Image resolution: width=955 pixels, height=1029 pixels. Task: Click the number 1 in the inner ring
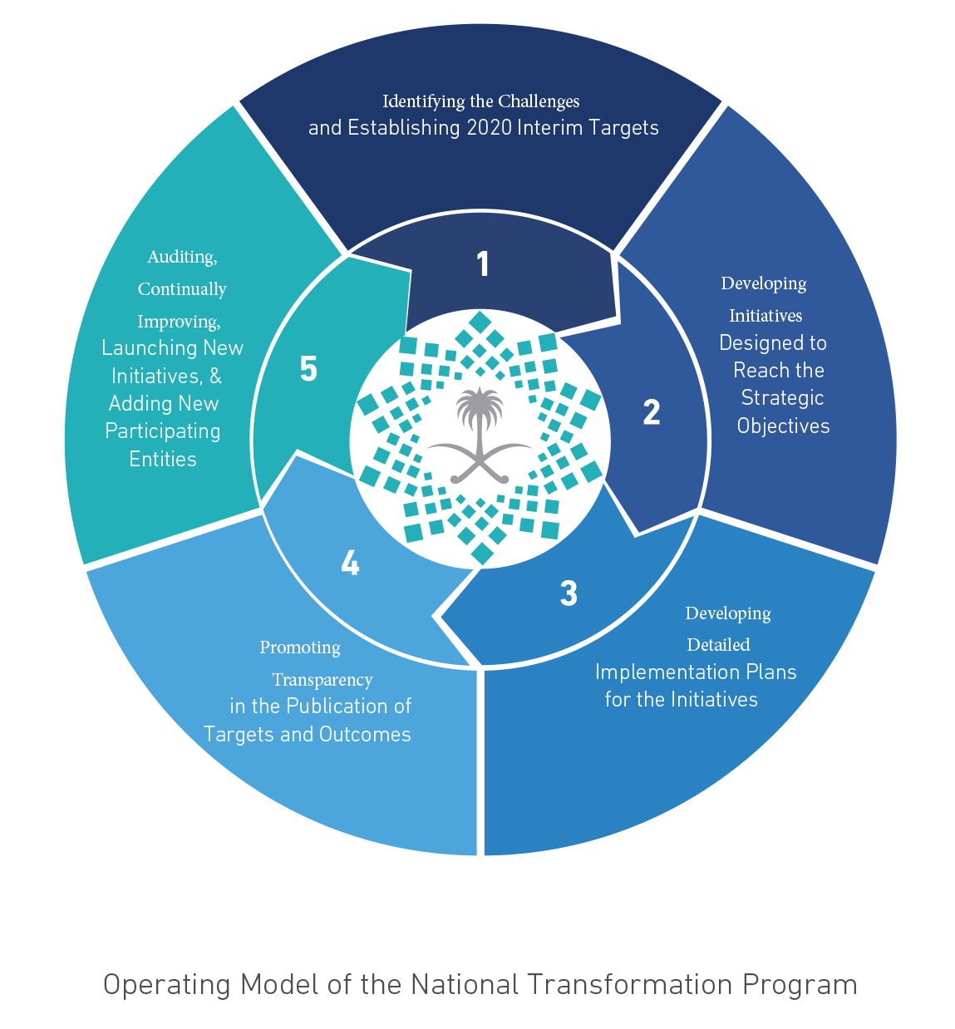[483, 263]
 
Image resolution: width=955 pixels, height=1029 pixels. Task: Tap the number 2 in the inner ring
[652, 412]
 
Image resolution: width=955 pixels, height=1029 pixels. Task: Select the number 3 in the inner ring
[569, 593]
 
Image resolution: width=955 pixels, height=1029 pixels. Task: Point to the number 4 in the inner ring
[350, 563]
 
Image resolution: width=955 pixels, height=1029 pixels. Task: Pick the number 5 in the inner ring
[308, 369]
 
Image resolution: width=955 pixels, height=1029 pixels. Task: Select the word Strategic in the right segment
[782, 398]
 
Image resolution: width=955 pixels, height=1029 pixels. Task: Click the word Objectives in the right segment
[784, 426]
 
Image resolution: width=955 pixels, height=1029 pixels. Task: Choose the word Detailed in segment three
[719, 644]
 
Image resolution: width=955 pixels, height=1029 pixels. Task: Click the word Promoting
[300, 648]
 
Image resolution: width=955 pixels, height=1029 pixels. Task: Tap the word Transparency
[322, 680]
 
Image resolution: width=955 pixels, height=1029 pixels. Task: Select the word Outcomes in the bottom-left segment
[365, 735]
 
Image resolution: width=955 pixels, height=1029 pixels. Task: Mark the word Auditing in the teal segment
[182, 258]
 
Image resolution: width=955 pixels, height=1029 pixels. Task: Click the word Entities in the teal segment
[163, 460]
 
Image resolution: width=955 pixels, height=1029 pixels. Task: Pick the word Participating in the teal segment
[163, 431]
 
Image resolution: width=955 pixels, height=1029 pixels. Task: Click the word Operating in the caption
[167, 985]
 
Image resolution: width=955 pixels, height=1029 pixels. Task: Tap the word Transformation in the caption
[630, 984]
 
